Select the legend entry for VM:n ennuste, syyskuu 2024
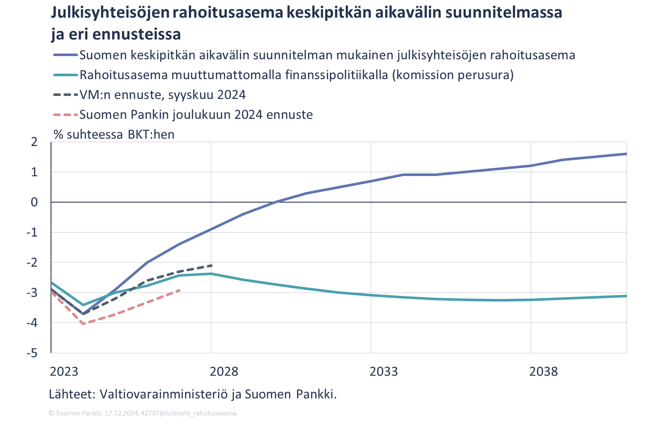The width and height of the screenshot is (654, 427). pos(162,95)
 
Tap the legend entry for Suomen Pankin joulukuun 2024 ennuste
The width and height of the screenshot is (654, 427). pos(196,115)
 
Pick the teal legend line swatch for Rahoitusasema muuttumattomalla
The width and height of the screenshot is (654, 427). pos(66,75)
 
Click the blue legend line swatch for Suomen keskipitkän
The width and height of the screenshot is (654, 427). pos(66,55)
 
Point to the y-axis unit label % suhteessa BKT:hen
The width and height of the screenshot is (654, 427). pos(114,134)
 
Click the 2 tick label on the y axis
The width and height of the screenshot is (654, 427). pos(34,142)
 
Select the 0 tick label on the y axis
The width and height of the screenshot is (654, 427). pos(34,202)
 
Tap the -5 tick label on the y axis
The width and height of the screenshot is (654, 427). pos(32,353)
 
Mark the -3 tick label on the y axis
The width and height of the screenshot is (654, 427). pos(32,293)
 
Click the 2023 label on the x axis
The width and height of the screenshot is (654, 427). pos(64,371)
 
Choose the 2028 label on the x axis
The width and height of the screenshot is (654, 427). pos(224,371)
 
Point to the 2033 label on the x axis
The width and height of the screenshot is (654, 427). pos(384,371)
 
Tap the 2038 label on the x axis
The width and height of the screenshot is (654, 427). pos(543,371)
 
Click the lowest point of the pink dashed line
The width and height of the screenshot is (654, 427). pos(83,323)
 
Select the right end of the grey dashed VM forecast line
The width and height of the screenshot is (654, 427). pos(211,266)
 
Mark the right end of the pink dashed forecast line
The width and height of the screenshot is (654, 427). pos(179,290)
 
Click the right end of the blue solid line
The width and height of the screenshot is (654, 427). pos(626,154)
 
